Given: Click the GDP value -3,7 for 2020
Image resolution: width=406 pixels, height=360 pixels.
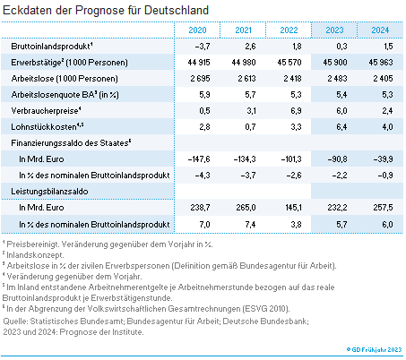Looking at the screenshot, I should pyautogui.click(x=201, y=46).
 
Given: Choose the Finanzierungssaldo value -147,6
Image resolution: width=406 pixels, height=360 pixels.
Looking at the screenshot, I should pyautogui.click(x=196, y=159).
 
